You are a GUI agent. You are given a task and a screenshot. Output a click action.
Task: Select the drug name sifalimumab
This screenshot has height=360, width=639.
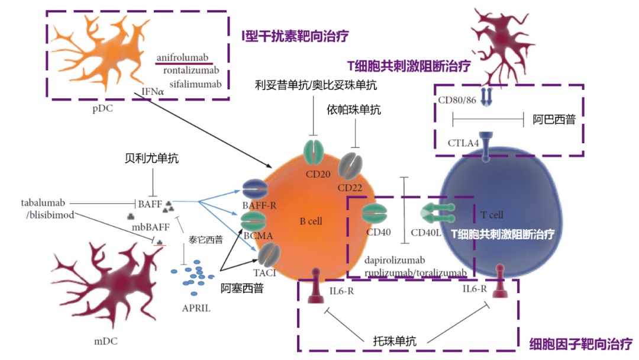[x=195, y=83]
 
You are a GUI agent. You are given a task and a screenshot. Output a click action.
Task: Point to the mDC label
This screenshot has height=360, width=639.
[x=106, y=341]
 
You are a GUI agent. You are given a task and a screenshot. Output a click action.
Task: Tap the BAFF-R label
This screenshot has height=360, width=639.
[x=256, y=205]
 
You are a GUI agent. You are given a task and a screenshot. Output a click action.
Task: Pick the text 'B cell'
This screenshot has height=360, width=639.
[x=311, y=221]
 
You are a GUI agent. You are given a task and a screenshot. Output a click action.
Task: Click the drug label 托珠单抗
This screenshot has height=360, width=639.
[x=395, y=341]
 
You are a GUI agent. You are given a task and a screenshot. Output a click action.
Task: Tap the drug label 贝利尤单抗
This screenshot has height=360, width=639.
[x=152, y=159]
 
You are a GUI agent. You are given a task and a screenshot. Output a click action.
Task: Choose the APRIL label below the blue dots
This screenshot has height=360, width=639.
[x=196, y=308]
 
